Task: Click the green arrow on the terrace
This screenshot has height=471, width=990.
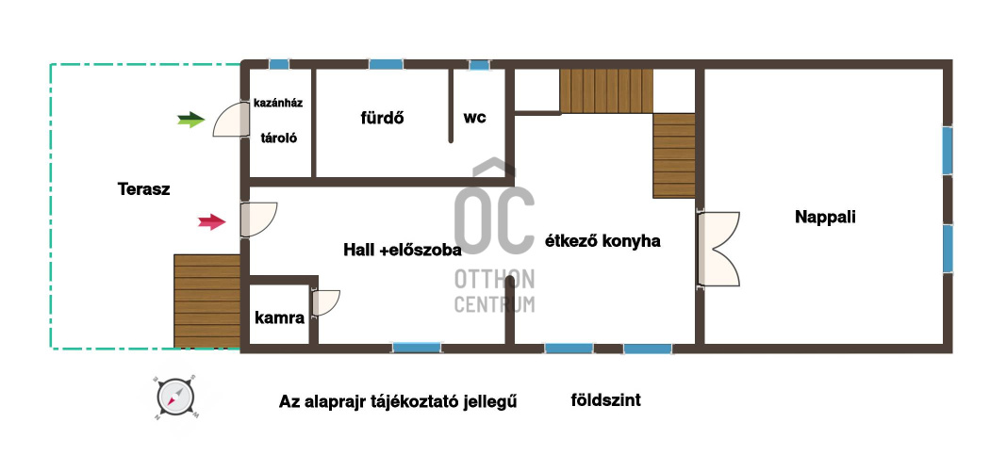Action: [x=191, y=120]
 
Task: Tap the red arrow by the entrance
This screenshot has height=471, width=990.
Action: [x=212, y=221]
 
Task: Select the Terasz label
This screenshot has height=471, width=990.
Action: [x=144, y=189]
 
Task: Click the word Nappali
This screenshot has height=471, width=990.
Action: [x=825, y=217]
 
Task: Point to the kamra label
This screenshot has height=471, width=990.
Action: [x=279, y=317]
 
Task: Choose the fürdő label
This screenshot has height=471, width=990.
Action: [x=383, y=118]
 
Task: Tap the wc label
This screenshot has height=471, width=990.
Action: [x=475, y=117]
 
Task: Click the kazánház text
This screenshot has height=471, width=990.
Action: [x=278, y=103]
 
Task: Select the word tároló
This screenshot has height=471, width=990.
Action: [x=279, y=138]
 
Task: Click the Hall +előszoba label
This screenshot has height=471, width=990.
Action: [x=403, y=250]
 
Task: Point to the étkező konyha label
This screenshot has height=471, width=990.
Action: [x=602, y=241]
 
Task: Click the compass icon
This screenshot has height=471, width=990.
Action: [x=175, y=398]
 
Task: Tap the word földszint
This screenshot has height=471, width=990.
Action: [x=605, y=399]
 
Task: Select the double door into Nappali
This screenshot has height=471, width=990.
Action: [x=718, y=250]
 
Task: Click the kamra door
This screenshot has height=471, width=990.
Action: [x=325, y=302]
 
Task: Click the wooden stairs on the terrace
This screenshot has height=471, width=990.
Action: [x=207, y=301]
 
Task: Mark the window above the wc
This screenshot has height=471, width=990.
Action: [x=480, y=65]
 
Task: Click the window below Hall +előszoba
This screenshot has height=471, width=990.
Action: [x=417, y=348]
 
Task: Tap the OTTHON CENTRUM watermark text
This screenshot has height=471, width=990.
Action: [x=494, y=291]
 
